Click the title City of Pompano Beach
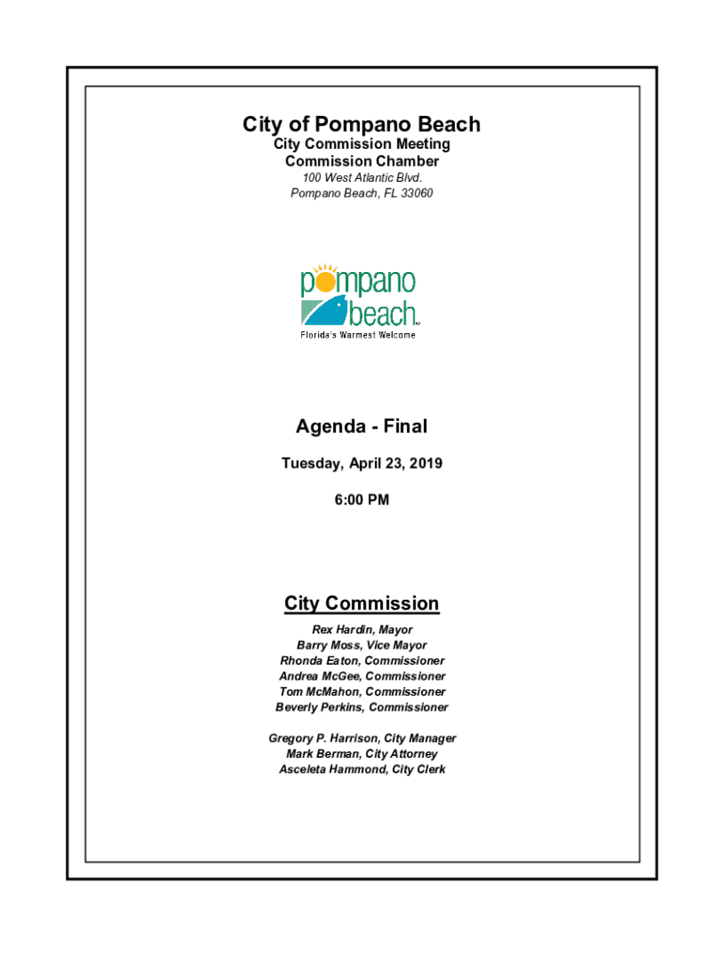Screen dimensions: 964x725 tap(362, 124)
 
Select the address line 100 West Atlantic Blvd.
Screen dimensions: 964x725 tap(362, 178)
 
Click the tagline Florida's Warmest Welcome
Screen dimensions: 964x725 tap(358, 335)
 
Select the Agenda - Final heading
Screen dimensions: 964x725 tap(362, 426)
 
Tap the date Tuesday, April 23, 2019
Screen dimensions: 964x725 tap(362, 463)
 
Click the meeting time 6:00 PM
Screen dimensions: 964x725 tap(362, 500)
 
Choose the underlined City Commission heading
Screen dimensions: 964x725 tap(362, 603)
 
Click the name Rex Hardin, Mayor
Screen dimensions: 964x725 tap(362, 630)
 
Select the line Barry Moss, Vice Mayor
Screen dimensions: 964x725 tap(362, 646)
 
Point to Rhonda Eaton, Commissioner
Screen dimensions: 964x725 tap(362, 661)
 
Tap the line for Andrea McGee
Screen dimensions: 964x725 tap(362, 676)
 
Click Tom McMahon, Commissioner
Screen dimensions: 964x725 tap(362, 692)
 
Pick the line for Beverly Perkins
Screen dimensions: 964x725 tap(362, 707)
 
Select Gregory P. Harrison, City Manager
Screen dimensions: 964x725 tap(362, 739)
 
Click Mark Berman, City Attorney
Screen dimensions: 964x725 tap(362, 754)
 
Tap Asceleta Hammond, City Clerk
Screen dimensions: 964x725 tap(362, 770)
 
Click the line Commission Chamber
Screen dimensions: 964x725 tap(362, 161)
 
